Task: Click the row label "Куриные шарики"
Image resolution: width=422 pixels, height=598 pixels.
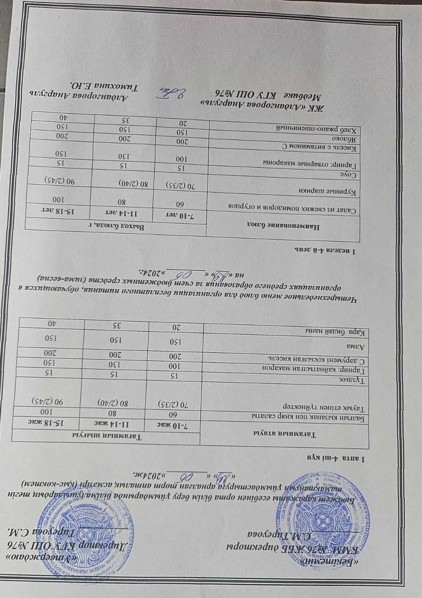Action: point(336,191)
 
